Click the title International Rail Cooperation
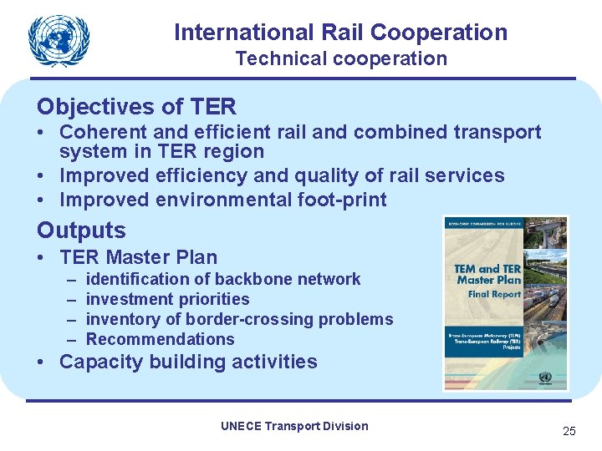(340, 33)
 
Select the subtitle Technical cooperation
(340, 58)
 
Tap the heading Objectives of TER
(136, 107)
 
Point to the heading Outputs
(81, 231)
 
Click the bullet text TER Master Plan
(138, 257)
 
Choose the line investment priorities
(167, 299)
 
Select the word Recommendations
(160, 339)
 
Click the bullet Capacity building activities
(188, 362)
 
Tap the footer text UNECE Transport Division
(294, 426)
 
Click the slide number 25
(569, 431)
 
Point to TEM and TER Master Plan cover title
(487, 275)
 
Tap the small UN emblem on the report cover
(545, 377)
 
